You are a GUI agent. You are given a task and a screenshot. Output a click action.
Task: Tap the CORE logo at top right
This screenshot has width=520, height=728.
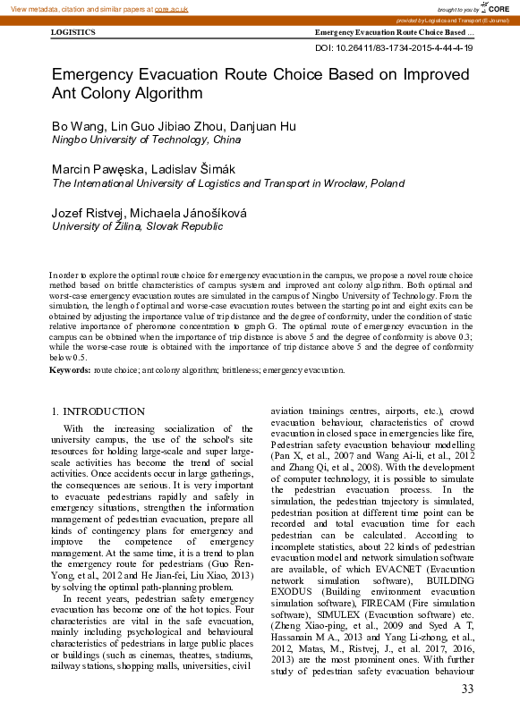pos(498,7)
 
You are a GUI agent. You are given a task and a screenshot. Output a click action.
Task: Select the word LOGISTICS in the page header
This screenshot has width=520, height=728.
pos(72,32)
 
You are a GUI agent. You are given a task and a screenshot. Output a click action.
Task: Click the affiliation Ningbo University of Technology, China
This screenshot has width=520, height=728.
pos(146,140)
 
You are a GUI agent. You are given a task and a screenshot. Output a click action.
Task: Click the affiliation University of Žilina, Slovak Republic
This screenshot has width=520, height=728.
pos(137,226)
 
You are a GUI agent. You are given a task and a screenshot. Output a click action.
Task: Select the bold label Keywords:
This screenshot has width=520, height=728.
pos(70,369)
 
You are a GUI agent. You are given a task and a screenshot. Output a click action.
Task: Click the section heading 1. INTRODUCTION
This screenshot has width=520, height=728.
pos(98,411)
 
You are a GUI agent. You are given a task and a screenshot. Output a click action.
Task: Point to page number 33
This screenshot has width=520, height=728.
pos(466,688)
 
